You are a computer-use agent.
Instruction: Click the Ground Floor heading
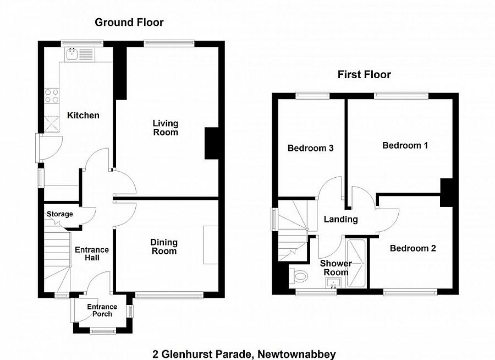(x=129, y=23)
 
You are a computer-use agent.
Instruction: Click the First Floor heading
(x=364, y=74)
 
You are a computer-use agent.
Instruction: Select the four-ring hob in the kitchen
(x=52, y=96)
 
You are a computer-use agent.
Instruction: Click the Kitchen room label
(x=83, y=116)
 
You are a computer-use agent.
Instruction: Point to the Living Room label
(x=166, y=128)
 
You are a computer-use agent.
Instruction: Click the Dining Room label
(x=164, y=247)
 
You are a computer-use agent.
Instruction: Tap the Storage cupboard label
(x=59, y=214)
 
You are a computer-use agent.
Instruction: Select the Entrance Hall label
(x=92, y=254)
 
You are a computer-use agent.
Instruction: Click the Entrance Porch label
(x=102, y=310)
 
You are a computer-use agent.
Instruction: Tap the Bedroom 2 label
(x=413, y=248)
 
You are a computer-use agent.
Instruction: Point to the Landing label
(x=340, y=219)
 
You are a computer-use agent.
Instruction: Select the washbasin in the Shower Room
(x=333, y=283)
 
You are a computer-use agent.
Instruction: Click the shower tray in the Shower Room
(x=356, y=263)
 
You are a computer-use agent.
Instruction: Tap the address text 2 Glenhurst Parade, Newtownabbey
(x=244, y=354)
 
